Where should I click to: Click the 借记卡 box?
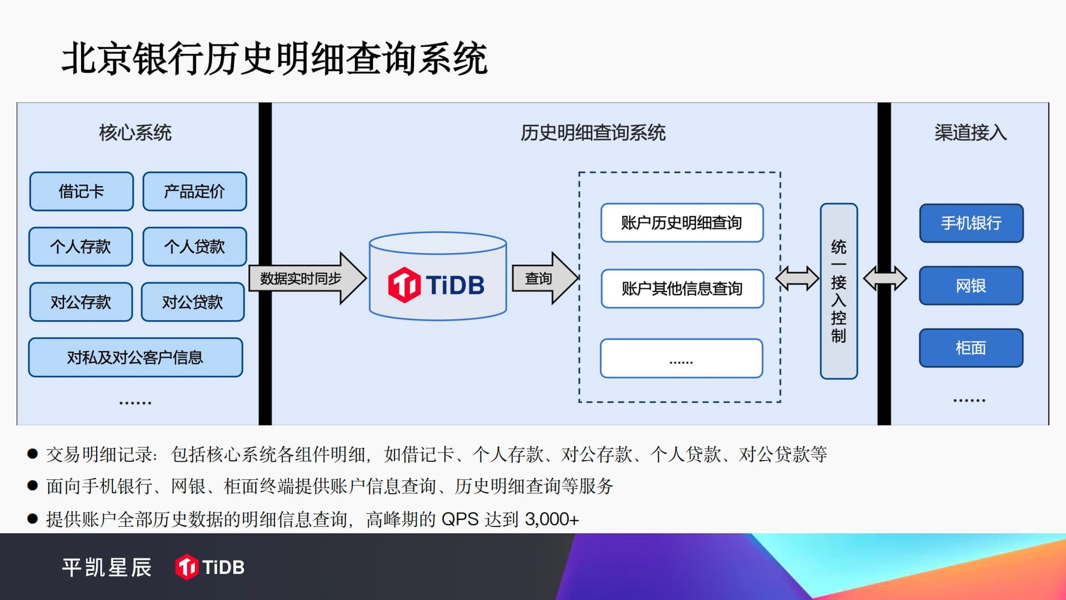pyautogui.click(x=82, y=192)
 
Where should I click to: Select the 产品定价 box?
pyautogui.click(x=195, y=192)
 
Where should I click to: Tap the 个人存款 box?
pyautogui.click(x=81, y=247)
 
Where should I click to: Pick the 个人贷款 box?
pyautogui.click(x=195, y=247)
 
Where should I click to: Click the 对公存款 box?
pyautogui.click(x=81, y=302)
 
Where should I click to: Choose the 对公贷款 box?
pyautogui.click(x=193, y=302)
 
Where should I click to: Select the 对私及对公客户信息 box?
pyautogui.click(x=135, y=357)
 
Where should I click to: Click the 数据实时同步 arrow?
pyautogui.click(x=308, y=278)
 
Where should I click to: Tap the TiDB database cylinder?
pyautogui.click(x=438, y=276)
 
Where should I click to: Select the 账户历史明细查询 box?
pyautogui.click(x=682, y=223)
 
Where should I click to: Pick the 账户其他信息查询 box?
pyautogui.click(x=682, y=288)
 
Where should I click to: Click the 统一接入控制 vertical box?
pyautogui.click(x=839, y=291)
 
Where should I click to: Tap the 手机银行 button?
pyautogui.click(x=972, y=223)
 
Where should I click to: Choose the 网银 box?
pyautogui.click(x=972, y=286)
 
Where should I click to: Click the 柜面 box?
pyautogui.click(x=972, y=348)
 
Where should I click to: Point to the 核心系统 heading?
pyautogui.click(x=135, y=133)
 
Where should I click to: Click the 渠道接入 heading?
pyautogui.click(x=971, y=133)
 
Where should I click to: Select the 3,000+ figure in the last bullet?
pyautogui.click(x=552, y=519)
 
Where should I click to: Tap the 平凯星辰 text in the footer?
pyautogui.click(x=107, y=567)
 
